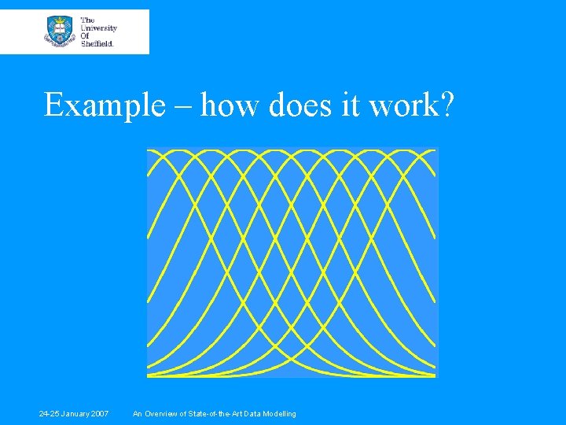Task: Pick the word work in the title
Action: [x=403, y=105]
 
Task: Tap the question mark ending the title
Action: [x=445, y=105]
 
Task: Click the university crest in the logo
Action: [x=59, y=31]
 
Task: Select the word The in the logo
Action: [x=87, y=20]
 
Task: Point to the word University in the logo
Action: [x=99, y=28]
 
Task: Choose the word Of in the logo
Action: [x=85, y=35]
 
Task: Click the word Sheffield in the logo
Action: [x=97, y=43]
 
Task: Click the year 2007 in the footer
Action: [x=100, y=414]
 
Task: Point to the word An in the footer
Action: [x=138, y=414]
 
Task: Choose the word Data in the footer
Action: [x=251, y=414]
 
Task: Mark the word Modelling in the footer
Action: [x=279, y=414]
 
